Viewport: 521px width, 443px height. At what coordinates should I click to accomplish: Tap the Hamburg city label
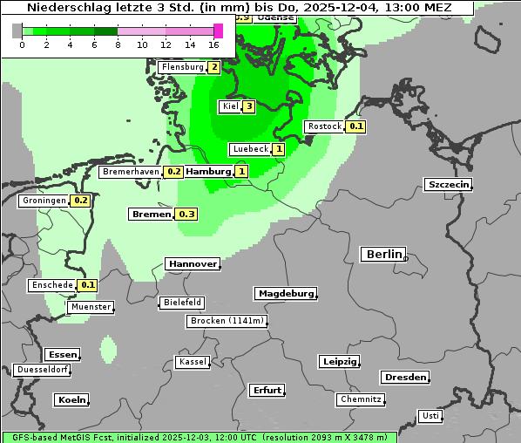coord(209,172)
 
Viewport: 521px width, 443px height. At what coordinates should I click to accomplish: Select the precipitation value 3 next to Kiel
coord(248,106)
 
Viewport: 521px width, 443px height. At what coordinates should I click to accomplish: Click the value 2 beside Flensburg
coord(213,67)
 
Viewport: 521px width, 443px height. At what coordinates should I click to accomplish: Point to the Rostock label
coord(324,126)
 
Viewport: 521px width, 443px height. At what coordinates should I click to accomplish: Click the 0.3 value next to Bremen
coord(186,214)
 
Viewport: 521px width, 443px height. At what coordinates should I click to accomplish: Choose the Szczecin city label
coord(448,184)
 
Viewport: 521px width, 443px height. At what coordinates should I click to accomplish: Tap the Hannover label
coord(192,263)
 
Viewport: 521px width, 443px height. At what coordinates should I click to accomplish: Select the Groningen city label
coord(44,201)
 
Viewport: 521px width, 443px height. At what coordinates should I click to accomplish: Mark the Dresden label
coord(404,378)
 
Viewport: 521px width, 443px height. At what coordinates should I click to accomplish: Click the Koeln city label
coord(71,400)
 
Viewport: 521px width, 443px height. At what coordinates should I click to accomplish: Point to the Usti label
coord(430,416)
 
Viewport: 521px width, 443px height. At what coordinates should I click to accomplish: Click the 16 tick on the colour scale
coord(214,44)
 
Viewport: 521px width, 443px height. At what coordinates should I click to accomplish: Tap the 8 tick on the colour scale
coord(118,44)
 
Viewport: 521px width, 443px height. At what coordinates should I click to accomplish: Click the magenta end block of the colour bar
coord(218,31)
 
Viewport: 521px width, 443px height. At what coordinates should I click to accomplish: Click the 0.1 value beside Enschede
coord(88,285)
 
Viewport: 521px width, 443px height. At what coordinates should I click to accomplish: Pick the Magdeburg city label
coord(285,293)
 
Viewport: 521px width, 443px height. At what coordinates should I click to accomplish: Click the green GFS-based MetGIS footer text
coord(199,437)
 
